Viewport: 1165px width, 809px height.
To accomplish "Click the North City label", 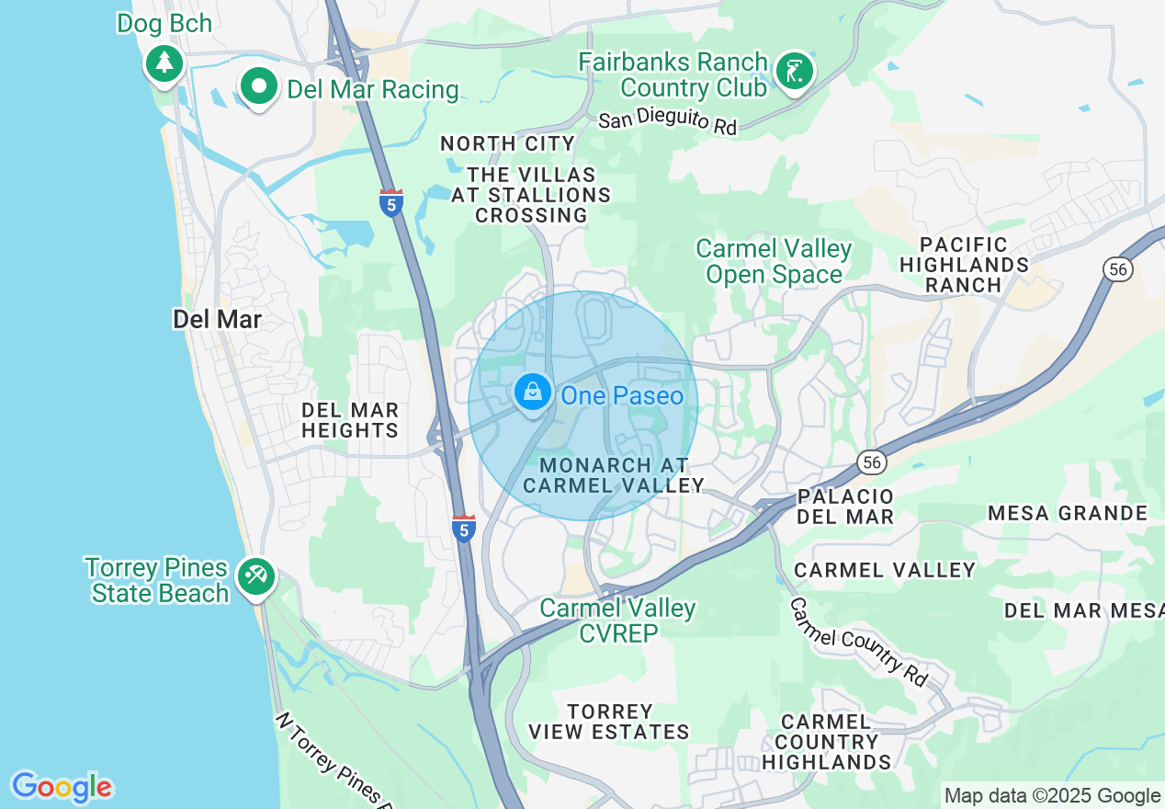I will [x=507, y=143].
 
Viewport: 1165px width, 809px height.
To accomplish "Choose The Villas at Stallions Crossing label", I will [x=531, y=195].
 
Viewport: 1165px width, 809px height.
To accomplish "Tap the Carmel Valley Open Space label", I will [x=774, y=262].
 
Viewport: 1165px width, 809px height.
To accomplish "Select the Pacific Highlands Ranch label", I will [x=964, y=265].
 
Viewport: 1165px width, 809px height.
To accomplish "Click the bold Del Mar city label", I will [x=218, y=319].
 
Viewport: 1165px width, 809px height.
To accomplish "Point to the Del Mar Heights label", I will [x=350, y=420].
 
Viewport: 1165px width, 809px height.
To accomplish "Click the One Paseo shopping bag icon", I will [x=532, y=393].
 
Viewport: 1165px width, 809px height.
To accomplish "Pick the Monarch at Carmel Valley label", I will [x=613, y=475].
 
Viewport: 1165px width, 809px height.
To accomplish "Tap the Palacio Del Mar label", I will [x=845, y=507].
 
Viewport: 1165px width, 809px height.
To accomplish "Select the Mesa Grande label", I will [x=1068, y=513].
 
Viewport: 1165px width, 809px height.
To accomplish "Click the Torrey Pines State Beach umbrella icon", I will [x=254, y=577].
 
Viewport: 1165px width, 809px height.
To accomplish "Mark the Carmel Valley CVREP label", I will [x=617, y=621].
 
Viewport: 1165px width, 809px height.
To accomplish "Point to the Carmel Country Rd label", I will [x=859, y=641].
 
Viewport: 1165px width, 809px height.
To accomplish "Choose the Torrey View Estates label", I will [x=609, y=722].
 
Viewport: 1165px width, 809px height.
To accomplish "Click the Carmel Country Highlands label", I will [x=826, y=742].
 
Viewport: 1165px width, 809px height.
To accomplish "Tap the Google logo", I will [x=62, y=787].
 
